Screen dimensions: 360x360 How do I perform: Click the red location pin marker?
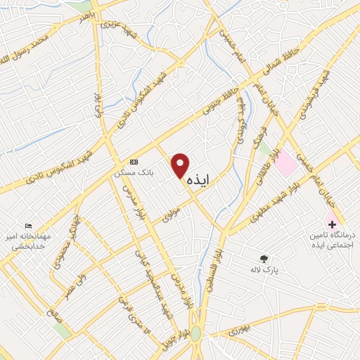click(181, 165)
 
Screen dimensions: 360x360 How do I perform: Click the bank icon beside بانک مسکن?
click(135, 160)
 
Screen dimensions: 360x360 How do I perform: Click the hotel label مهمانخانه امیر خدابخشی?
click(25, 240)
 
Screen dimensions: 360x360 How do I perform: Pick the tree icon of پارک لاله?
click(264, 259)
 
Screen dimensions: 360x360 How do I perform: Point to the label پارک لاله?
click(264, 270)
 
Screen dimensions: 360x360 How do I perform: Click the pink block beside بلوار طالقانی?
click(285, 163)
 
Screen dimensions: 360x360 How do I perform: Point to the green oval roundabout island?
click(195, 333)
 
